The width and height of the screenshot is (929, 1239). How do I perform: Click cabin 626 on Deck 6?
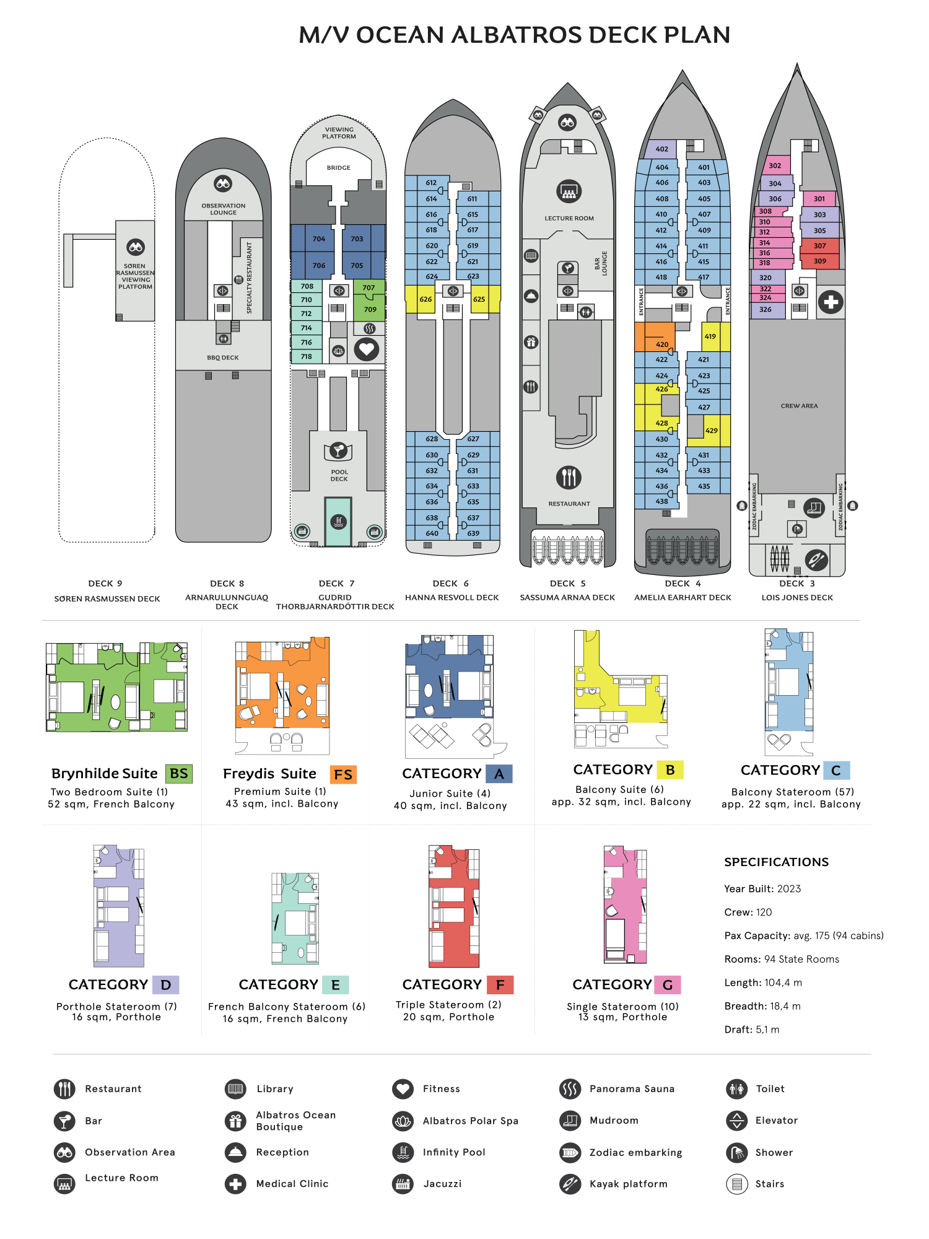(x=425, y=299)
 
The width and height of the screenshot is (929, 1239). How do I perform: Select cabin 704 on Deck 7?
(x=318, y=239)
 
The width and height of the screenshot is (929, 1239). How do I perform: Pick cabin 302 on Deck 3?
(x=775, y=165)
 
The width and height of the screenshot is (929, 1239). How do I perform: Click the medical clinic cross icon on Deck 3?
(x=831, y=302)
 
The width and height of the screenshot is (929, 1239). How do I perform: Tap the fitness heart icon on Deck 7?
(x=367, y=349)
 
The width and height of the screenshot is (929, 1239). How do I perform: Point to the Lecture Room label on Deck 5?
(x=569, y=218)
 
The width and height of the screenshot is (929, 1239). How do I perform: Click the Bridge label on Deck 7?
(x=338, y=168)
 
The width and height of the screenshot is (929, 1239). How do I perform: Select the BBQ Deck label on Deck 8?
(x=222, y=357)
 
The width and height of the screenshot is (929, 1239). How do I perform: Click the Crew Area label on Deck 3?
(x=799, y=406)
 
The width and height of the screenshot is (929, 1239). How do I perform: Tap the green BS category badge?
(x=179, y=774)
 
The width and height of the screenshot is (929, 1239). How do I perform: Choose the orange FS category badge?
(x=343, y=774)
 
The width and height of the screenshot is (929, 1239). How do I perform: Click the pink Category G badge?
(x=668, y=985)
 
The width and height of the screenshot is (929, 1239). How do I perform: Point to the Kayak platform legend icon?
(x=570, y=1184)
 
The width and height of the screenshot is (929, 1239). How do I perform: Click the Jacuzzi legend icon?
(x=403, y=1184)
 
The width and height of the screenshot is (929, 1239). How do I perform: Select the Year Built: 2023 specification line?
(x=762, y=889)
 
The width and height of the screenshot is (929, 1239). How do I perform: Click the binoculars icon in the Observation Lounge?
(x=223, y=183)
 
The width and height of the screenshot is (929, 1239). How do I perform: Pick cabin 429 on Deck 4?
(x=712, y=431)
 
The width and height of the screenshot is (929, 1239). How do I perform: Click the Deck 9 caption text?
(x=105, y=584)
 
